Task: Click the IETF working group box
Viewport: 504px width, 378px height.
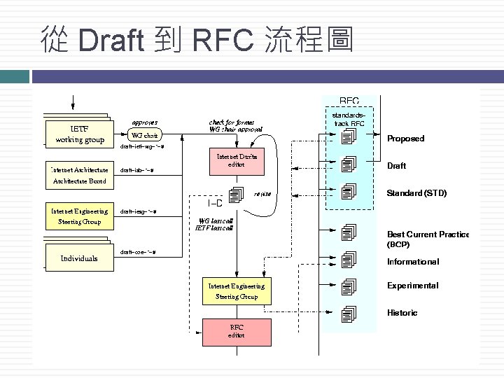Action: [79, 134]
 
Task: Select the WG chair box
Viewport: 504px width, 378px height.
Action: [145, 134]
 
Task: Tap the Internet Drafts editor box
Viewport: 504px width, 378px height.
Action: [237, 160]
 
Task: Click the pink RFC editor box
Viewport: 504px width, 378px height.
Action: [237, 331]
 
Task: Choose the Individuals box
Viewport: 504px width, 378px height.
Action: [79, 258]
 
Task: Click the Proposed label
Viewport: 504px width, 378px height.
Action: [405, 139]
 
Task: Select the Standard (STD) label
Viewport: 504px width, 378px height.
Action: [416, 192]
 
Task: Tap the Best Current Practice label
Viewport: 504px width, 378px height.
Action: [428, 234]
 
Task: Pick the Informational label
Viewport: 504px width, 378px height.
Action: [413, 262]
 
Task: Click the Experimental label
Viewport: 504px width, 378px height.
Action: [412, 286]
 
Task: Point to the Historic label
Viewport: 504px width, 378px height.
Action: [402, 313]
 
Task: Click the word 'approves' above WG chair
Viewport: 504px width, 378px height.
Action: [145, 122]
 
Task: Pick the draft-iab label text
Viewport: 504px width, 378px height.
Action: [137, 170]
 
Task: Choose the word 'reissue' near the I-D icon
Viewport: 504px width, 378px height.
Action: [262, 193]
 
